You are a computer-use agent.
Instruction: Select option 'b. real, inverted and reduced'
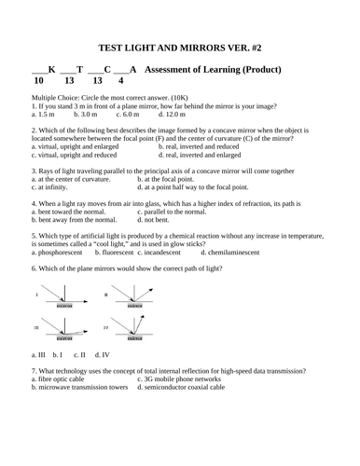pyautogui.click(x=199, y=146)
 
